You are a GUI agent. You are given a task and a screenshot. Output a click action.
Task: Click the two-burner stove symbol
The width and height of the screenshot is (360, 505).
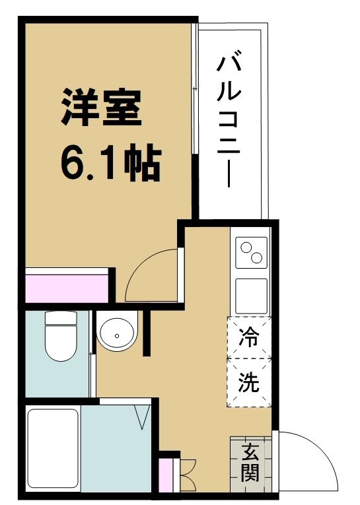tap(251, 253)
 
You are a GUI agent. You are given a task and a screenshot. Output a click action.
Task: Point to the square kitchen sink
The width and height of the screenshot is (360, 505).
tap(251, 295)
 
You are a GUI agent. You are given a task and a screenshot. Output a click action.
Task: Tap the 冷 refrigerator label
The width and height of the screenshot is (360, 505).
tap(249, 338)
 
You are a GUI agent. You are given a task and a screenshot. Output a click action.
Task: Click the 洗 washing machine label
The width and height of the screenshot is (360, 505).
tap(249, 382)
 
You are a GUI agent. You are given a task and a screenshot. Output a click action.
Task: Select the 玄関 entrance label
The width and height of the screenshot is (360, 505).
tap(250, 463)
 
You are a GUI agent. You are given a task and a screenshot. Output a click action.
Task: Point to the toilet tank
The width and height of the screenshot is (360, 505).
tap(60, 321)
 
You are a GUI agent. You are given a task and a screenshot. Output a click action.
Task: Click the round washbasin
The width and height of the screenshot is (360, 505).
tap(117, 333)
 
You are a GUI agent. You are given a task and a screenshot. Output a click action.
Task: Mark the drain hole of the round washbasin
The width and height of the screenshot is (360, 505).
tap(117, 335)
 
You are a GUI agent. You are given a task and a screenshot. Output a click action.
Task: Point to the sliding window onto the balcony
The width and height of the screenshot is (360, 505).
tap(194, 119)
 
